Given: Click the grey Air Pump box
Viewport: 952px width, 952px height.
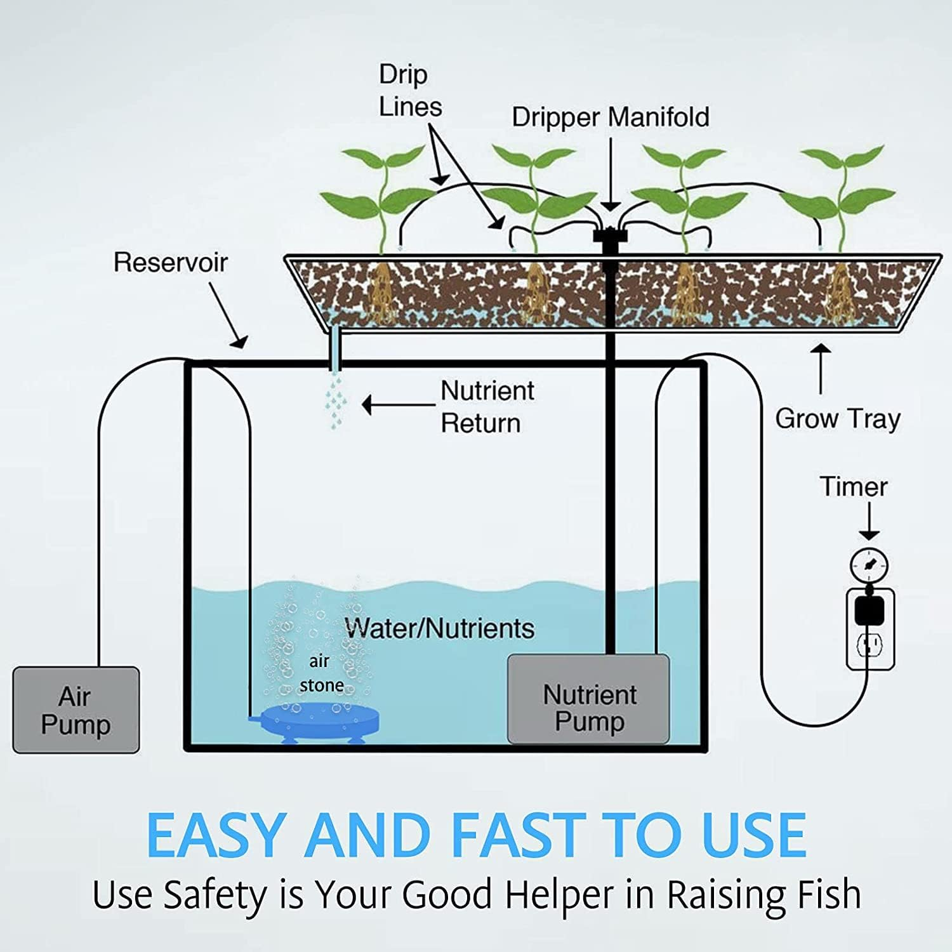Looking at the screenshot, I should [x=76, y=710].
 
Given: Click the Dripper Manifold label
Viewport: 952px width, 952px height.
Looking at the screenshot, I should [x=610, y=117].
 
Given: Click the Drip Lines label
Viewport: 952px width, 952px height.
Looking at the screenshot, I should [x=409, y=91].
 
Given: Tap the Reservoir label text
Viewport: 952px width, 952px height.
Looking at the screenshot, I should [x=170, y=262].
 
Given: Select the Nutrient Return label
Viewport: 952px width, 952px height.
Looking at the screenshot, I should [x=487, y=407].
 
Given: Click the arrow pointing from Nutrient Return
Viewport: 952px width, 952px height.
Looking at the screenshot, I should [x=397, y=404].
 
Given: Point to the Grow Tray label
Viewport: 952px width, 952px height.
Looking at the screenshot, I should [x=838, y=419].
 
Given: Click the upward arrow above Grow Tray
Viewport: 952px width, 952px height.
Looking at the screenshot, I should [x=821, y=368].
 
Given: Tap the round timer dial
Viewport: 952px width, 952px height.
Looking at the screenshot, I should [x=868, y=565].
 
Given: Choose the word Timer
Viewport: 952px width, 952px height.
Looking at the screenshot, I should [x=854, y=487].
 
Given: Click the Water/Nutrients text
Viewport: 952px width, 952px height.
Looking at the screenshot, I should [x=439, y=628].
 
